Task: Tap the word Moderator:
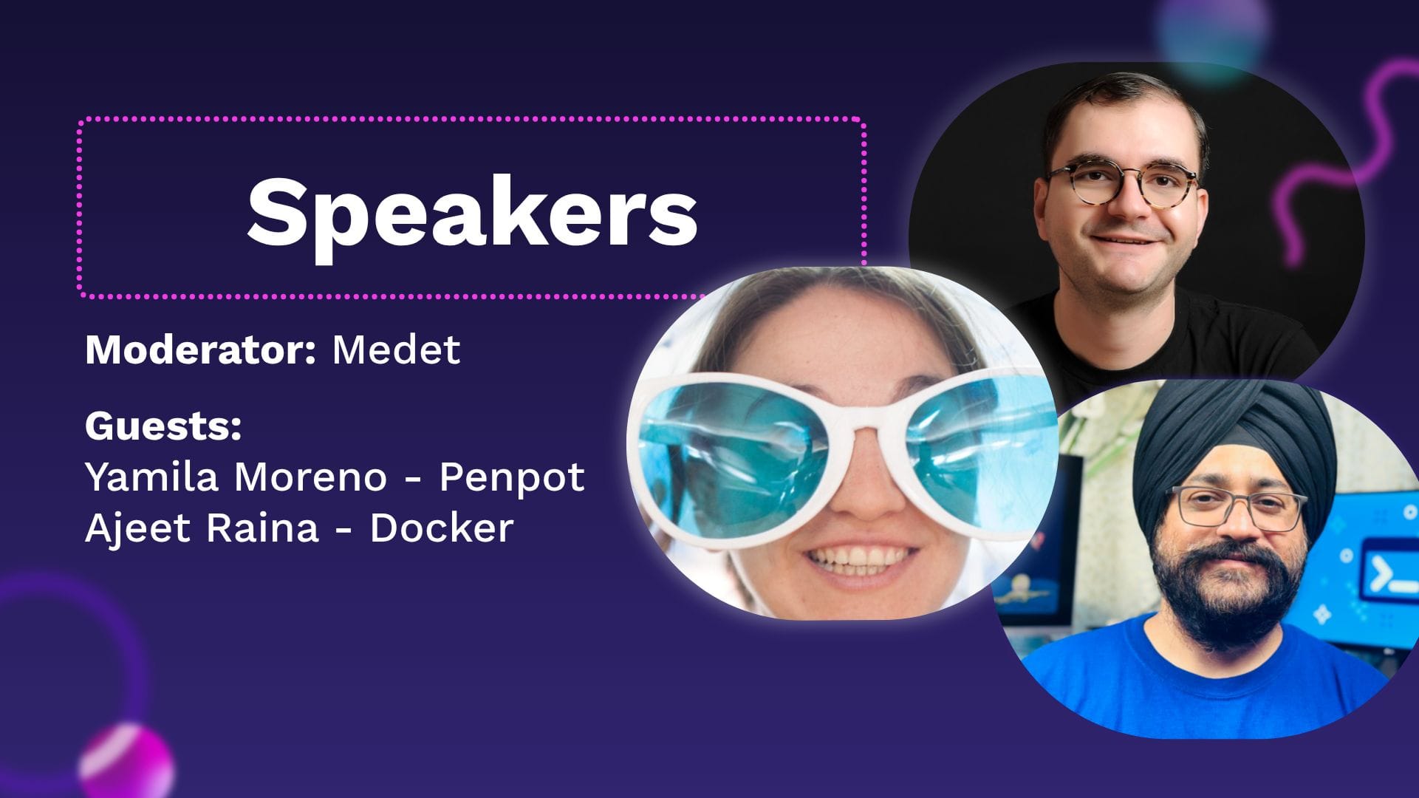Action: (x=200, y=349)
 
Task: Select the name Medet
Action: (x=396, y=349)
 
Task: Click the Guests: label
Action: (x=163, y=426)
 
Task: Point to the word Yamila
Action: (x=152, y=477)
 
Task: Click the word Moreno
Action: (x=310, y=477)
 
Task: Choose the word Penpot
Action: (x=512, y=478)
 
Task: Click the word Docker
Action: (x=441, y=528)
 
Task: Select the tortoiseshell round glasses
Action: (x=1123, y=185)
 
